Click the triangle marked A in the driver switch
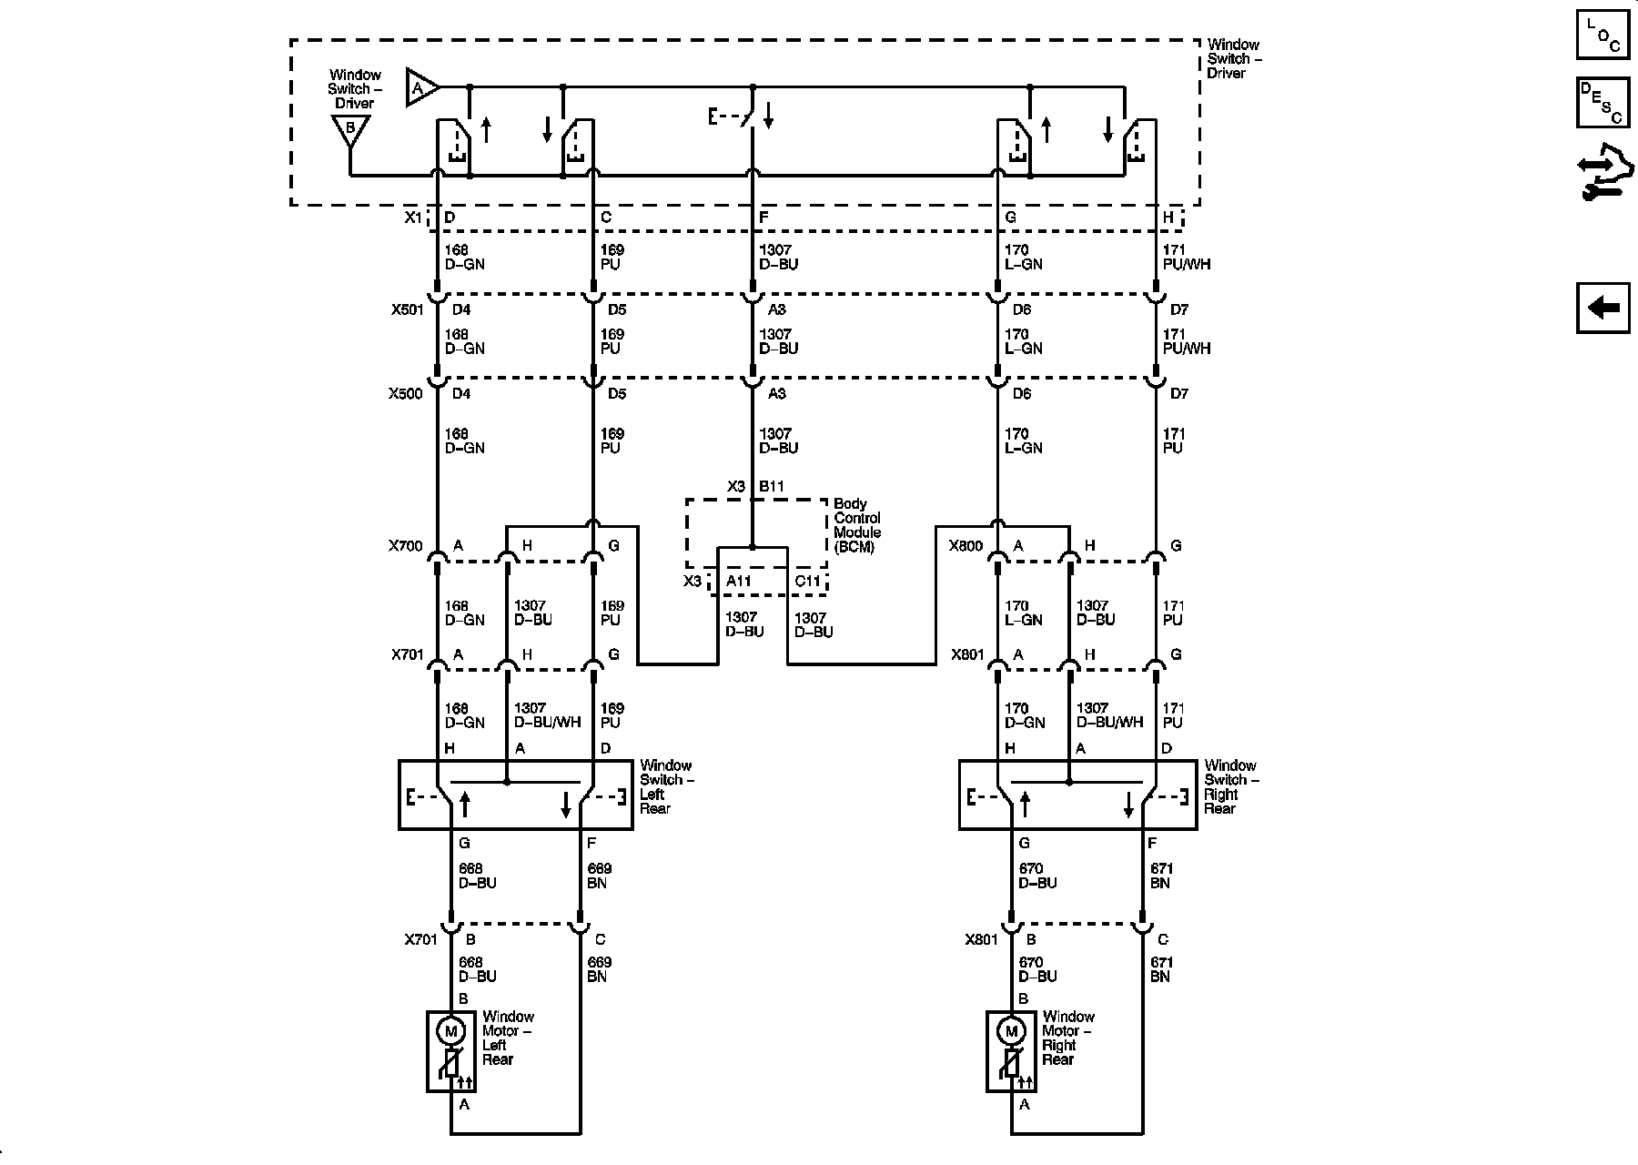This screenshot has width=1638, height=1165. [x=420, y=88]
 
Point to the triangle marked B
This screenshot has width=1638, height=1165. [x=349, y=130]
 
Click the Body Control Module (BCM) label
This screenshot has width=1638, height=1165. [x=856, y=525]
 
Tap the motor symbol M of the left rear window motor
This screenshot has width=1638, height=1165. [x=450, y=1031]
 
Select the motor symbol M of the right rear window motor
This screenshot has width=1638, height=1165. [x=1010, y=1031]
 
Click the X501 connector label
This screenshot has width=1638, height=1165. [x=407, y=309]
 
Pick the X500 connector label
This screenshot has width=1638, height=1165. [x=407, y=394]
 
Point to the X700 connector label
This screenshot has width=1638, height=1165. [x=406, y=546]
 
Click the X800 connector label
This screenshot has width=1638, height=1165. [x=966, y=546]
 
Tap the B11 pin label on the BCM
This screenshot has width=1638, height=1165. [x=772, y=487]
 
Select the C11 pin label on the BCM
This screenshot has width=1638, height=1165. [x=807, y=581]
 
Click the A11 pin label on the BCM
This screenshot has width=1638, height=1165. [x=738, y=581]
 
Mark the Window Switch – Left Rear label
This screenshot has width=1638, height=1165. [x=665, y=786]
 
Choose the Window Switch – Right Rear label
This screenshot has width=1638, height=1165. [x=1231, y=786]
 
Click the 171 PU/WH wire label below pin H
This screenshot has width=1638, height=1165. [x=1186, y=257]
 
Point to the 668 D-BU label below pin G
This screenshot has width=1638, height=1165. [x=477, y=876]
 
